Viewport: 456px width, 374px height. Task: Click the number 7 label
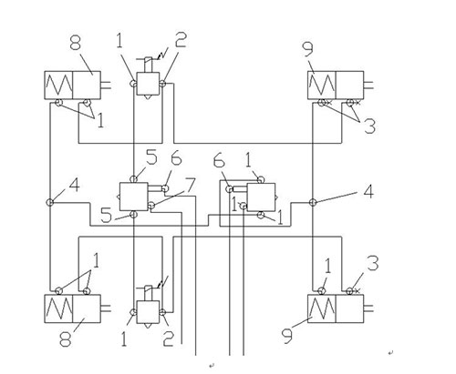(x=190, y=186)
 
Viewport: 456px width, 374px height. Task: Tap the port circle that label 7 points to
(x=151, y=206)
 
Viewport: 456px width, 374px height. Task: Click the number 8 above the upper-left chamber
(x=76, y=42)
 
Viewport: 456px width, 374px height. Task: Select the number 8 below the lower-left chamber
(x=65, y=339)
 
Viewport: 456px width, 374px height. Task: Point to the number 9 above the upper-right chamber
(x=308, y=49)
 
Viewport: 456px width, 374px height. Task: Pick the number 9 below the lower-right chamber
(x=287, y=336)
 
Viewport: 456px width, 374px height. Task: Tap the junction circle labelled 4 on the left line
(x=49, y=202)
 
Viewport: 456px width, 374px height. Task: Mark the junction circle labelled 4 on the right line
(x=313, y=202)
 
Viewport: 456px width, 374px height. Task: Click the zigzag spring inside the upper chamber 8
(x=58, y=86)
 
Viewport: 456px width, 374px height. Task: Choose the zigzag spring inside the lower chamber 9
(x=322, y=308)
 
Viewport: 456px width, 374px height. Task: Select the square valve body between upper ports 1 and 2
(x=148, y=84)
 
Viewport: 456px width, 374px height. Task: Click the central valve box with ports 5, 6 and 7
(x=133, y=197)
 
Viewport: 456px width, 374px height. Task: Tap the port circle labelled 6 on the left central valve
(x=165, y=188)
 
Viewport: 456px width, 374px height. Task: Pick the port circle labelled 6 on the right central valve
(x=230, y=189)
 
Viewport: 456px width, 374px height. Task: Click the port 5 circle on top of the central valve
(x=133, y=179)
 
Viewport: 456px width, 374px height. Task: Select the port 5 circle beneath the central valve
(x=133, y=215)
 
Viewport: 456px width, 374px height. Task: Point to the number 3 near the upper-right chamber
(x=369, y=126)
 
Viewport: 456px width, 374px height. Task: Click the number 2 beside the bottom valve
(x=169, y=339)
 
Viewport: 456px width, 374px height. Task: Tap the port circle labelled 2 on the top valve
(x=162, y=83)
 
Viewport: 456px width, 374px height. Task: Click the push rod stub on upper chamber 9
(x=368, y=86)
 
